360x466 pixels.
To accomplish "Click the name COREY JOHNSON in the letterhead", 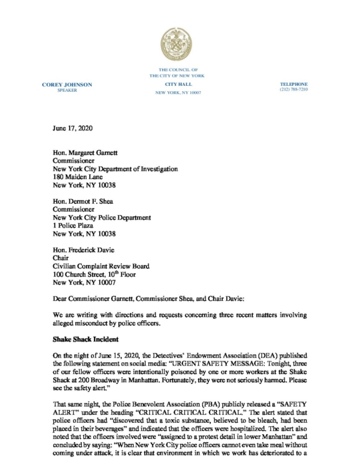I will pyautogui.click(x=67, y=85).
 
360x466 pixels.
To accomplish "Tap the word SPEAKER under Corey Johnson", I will pyautogui.click(x=67, y=90).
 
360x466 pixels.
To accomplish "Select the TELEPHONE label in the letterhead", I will pyautogui.click(x=293, y=85).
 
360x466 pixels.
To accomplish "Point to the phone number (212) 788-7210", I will pyautogui.click(x=293, y=90).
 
